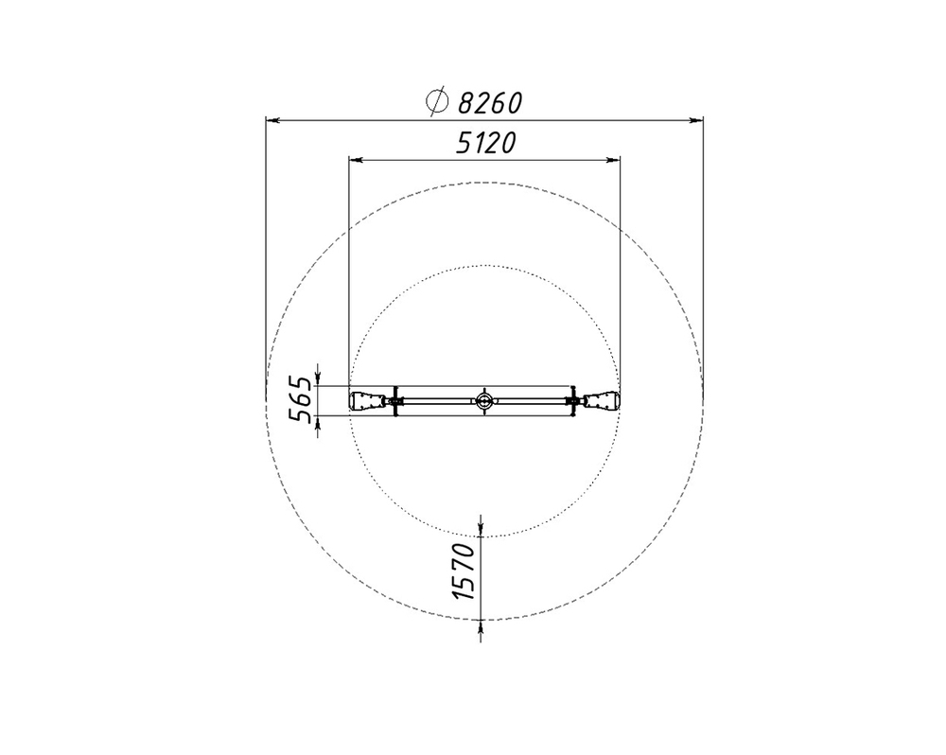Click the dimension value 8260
(489, 103)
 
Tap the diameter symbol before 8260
(436, 101)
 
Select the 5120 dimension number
(485, 144)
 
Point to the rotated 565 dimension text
(301, 399)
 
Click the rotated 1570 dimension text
(464, 571)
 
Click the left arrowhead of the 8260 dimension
(272, 121)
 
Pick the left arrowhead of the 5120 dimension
(356, 160)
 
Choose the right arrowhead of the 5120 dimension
(613, 160)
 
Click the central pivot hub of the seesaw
(483, 400)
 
